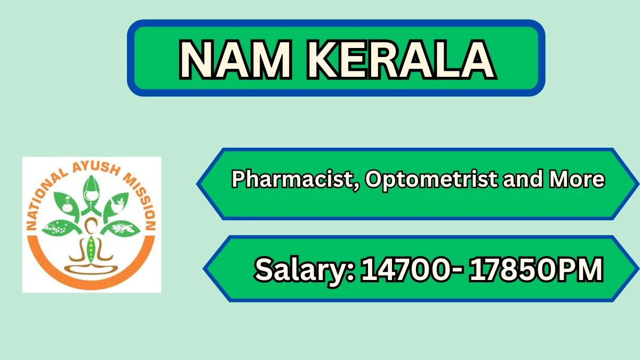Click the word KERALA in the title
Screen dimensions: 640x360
pyautogui.click(x=402, y=60)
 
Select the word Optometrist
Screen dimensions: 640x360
pyautogui.click(x=431, y=180)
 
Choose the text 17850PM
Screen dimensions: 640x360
pyautogui.click(x=536, y=269)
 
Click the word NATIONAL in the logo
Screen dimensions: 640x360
pyautogui.click(x=46, y=200)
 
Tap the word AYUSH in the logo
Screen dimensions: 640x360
pyautogui.click(x=95, y=169)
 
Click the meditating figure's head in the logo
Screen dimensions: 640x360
pyautogui.click(x=91, y=226)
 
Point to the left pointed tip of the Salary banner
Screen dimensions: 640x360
pyautogui.click(x=203, y=269)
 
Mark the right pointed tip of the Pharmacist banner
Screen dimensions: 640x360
pyautogui.click(x=638, y=184)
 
